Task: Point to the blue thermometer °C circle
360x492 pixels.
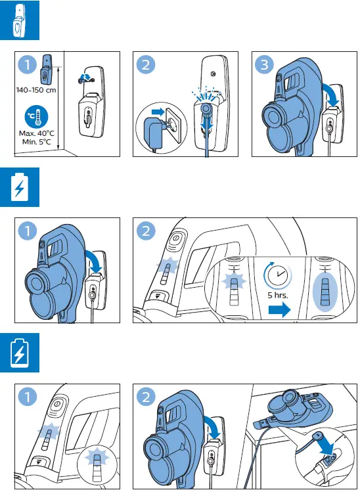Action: pyautogui.click(x=35, y=117)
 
